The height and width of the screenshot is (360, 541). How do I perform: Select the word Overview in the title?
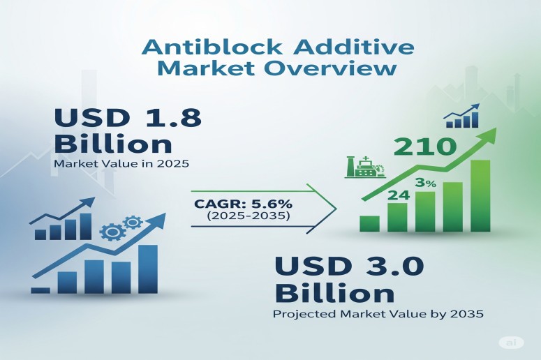(x=331, y=68)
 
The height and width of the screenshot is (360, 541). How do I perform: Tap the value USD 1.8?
(x=128, y=117)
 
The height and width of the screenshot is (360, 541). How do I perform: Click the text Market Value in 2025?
(x=121, y=163)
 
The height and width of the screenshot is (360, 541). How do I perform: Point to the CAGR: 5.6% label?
(x=244, y=204)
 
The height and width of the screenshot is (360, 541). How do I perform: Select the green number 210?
(x=423, y=147)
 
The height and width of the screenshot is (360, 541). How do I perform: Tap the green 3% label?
(x=426, y=183)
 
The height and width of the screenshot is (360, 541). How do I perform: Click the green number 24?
(x=399, y=195)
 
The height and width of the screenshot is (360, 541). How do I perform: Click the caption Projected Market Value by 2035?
(x=378, y=314)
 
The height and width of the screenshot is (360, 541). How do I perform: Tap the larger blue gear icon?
(x=111, y=232)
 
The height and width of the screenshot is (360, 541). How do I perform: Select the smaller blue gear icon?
(x=132, y=223)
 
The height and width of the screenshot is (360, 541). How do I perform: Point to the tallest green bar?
(x=480, y=196)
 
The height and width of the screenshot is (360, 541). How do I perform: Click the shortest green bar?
(x=369, y=224)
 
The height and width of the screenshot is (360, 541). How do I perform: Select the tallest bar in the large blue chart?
(x=148, y=269)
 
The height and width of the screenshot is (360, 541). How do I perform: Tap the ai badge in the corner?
(x=511, y=343)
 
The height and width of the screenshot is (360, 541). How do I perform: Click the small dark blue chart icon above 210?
(x=461, y=116)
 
